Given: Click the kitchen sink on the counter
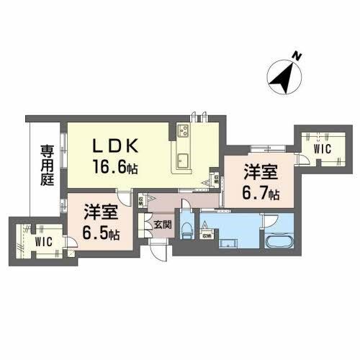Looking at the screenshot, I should coord(182,159).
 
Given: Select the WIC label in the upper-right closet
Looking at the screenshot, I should coord(322,148).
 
